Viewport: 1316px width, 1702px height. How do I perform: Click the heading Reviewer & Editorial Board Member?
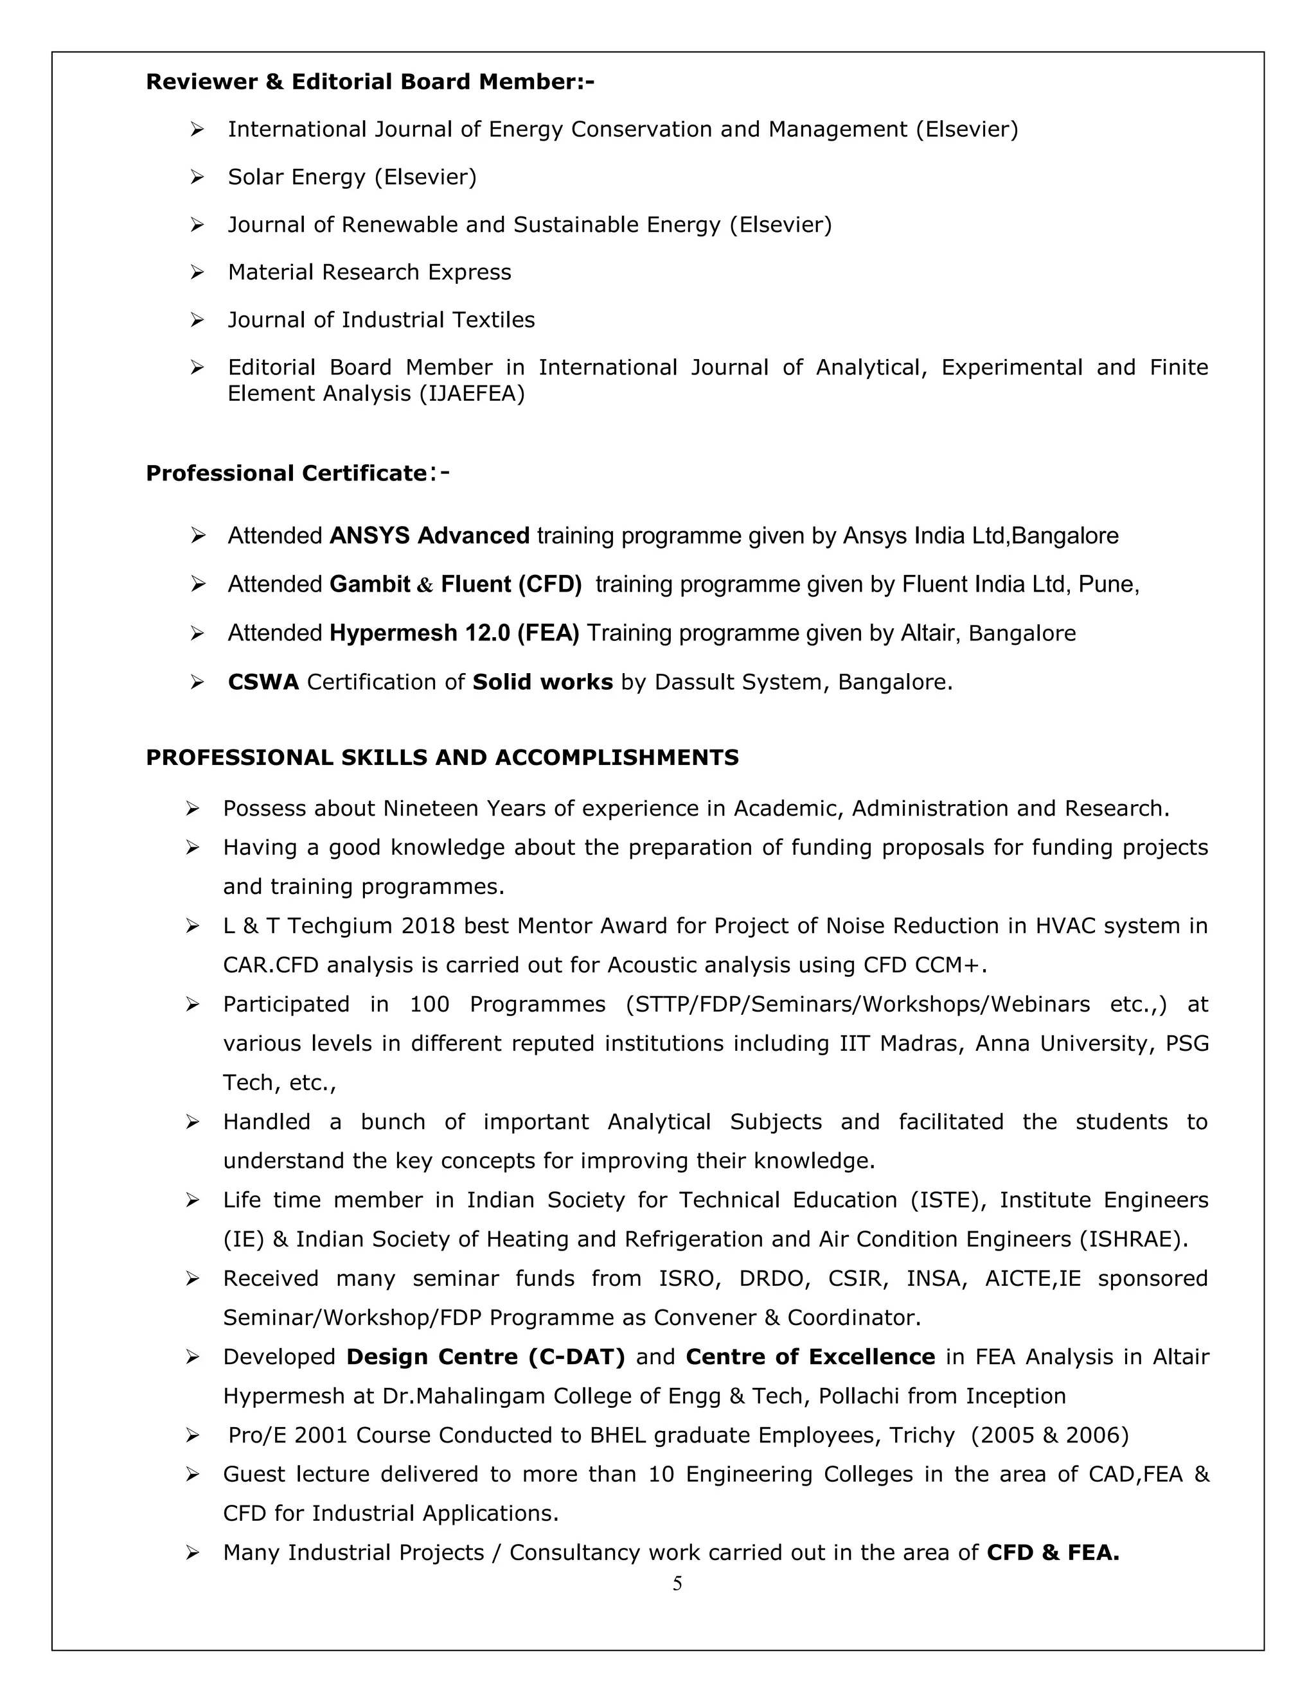point(369,82)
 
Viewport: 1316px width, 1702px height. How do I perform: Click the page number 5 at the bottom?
point(677,1583)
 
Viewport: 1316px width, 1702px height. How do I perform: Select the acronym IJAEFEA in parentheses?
point(472,394)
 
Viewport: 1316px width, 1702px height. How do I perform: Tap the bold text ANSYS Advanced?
point(430,536)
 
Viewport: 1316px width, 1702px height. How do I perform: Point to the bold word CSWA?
point(263,682)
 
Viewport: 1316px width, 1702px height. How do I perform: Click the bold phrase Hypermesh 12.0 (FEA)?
point(454,633)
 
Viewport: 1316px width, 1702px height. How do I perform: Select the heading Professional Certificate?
point(286,473)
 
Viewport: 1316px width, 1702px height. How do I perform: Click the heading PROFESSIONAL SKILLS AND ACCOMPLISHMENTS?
point(442,757)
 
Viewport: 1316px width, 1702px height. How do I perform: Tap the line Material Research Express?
point(369,272)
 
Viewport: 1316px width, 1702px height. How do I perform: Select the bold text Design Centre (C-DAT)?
point(486,1356)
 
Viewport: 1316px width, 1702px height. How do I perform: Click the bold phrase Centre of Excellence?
point(810,1356)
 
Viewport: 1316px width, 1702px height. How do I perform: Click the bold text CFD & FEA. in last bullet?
point(1053,1552)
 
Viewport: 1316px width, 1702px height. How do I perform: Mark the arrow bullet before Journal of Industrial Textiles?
point(197,319)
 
